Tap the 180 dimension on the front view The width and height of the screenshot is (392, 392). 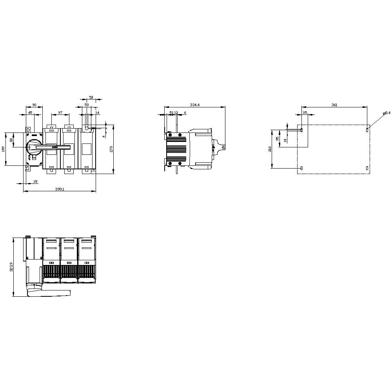(4, 149)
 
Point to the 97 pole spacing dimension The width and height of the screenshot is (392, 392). (60, 113)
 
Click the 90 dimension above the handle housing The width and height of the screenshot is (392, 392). (34, 105)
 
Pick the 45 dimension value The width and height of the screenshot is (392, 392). (30, 113)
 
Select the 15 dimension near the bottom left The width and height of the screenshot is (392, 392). (35, 181)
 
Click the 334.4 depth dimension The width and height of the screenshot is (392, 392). (194, 105)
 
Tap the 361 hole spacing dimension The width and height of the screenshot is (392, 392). (334, 105)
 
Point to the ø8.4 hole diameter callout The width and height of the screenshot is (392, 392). (387, 113)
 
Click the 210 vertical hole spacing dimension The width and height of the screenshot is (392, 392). (270, 149)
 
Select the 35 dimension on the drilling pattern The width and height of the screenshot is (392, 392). (305, 113)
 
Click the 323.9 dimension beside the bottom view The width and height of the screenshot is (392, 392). (11, 267)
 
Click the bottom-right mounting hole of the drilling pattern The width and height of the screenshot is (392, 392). (367, 168)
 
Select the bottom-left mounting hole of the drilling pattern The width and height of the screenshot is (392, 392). (301, 168)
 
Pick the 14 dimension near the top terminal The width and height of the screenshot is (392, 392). (97, 113)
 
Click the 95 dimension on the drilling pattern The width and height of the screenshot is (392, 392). (278, 138)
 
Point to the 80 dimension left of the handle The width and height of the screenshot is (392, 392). (11, 140)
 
